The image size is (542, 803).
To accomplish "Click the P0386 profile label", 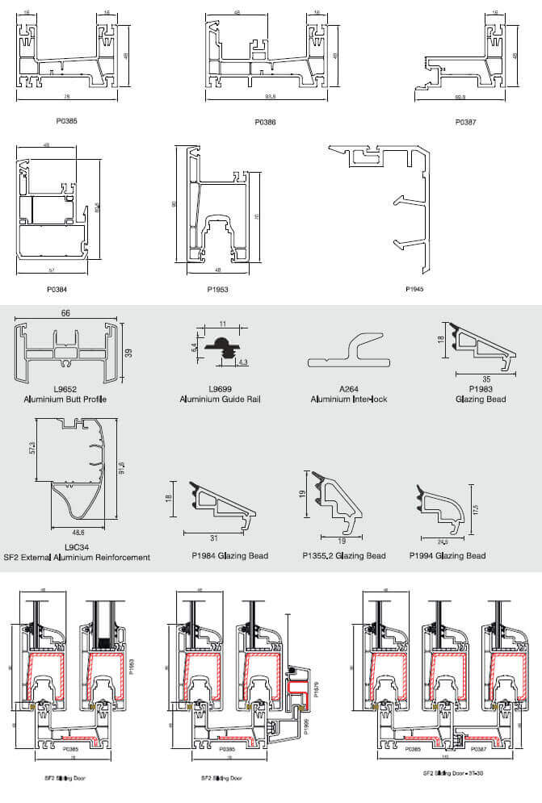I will tap(265, 122).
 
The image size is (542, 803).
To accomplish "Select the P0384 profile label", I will tap(57, 286).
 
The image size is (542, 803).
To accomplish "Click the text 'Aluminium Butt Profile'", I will tap(67, 399).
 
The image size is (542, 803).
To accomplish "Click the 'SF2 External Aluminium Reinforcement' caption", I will tap(77, 557).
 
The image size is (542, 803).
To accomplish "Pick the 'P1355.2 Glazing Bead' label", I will tap(344, 555).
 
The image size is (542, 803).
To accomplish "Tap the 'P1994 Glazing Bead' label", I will tap(448, 555).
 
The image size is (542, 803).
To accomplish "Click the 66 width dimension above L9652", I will tap(67, 313).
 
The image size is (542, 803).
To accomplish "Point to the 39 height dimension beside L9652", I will tap(128, 353).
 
